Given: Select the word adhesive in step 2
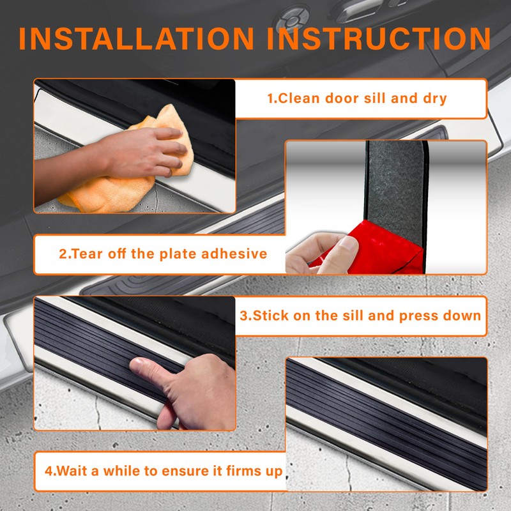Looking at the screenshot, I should coord(234,254).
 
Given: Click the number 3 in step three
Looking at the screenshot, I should coord(243,316).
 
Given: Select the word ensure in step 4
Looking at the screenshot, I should coord(189,471).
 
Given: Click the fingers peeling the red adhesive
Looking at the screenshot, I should coord(319,252).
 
